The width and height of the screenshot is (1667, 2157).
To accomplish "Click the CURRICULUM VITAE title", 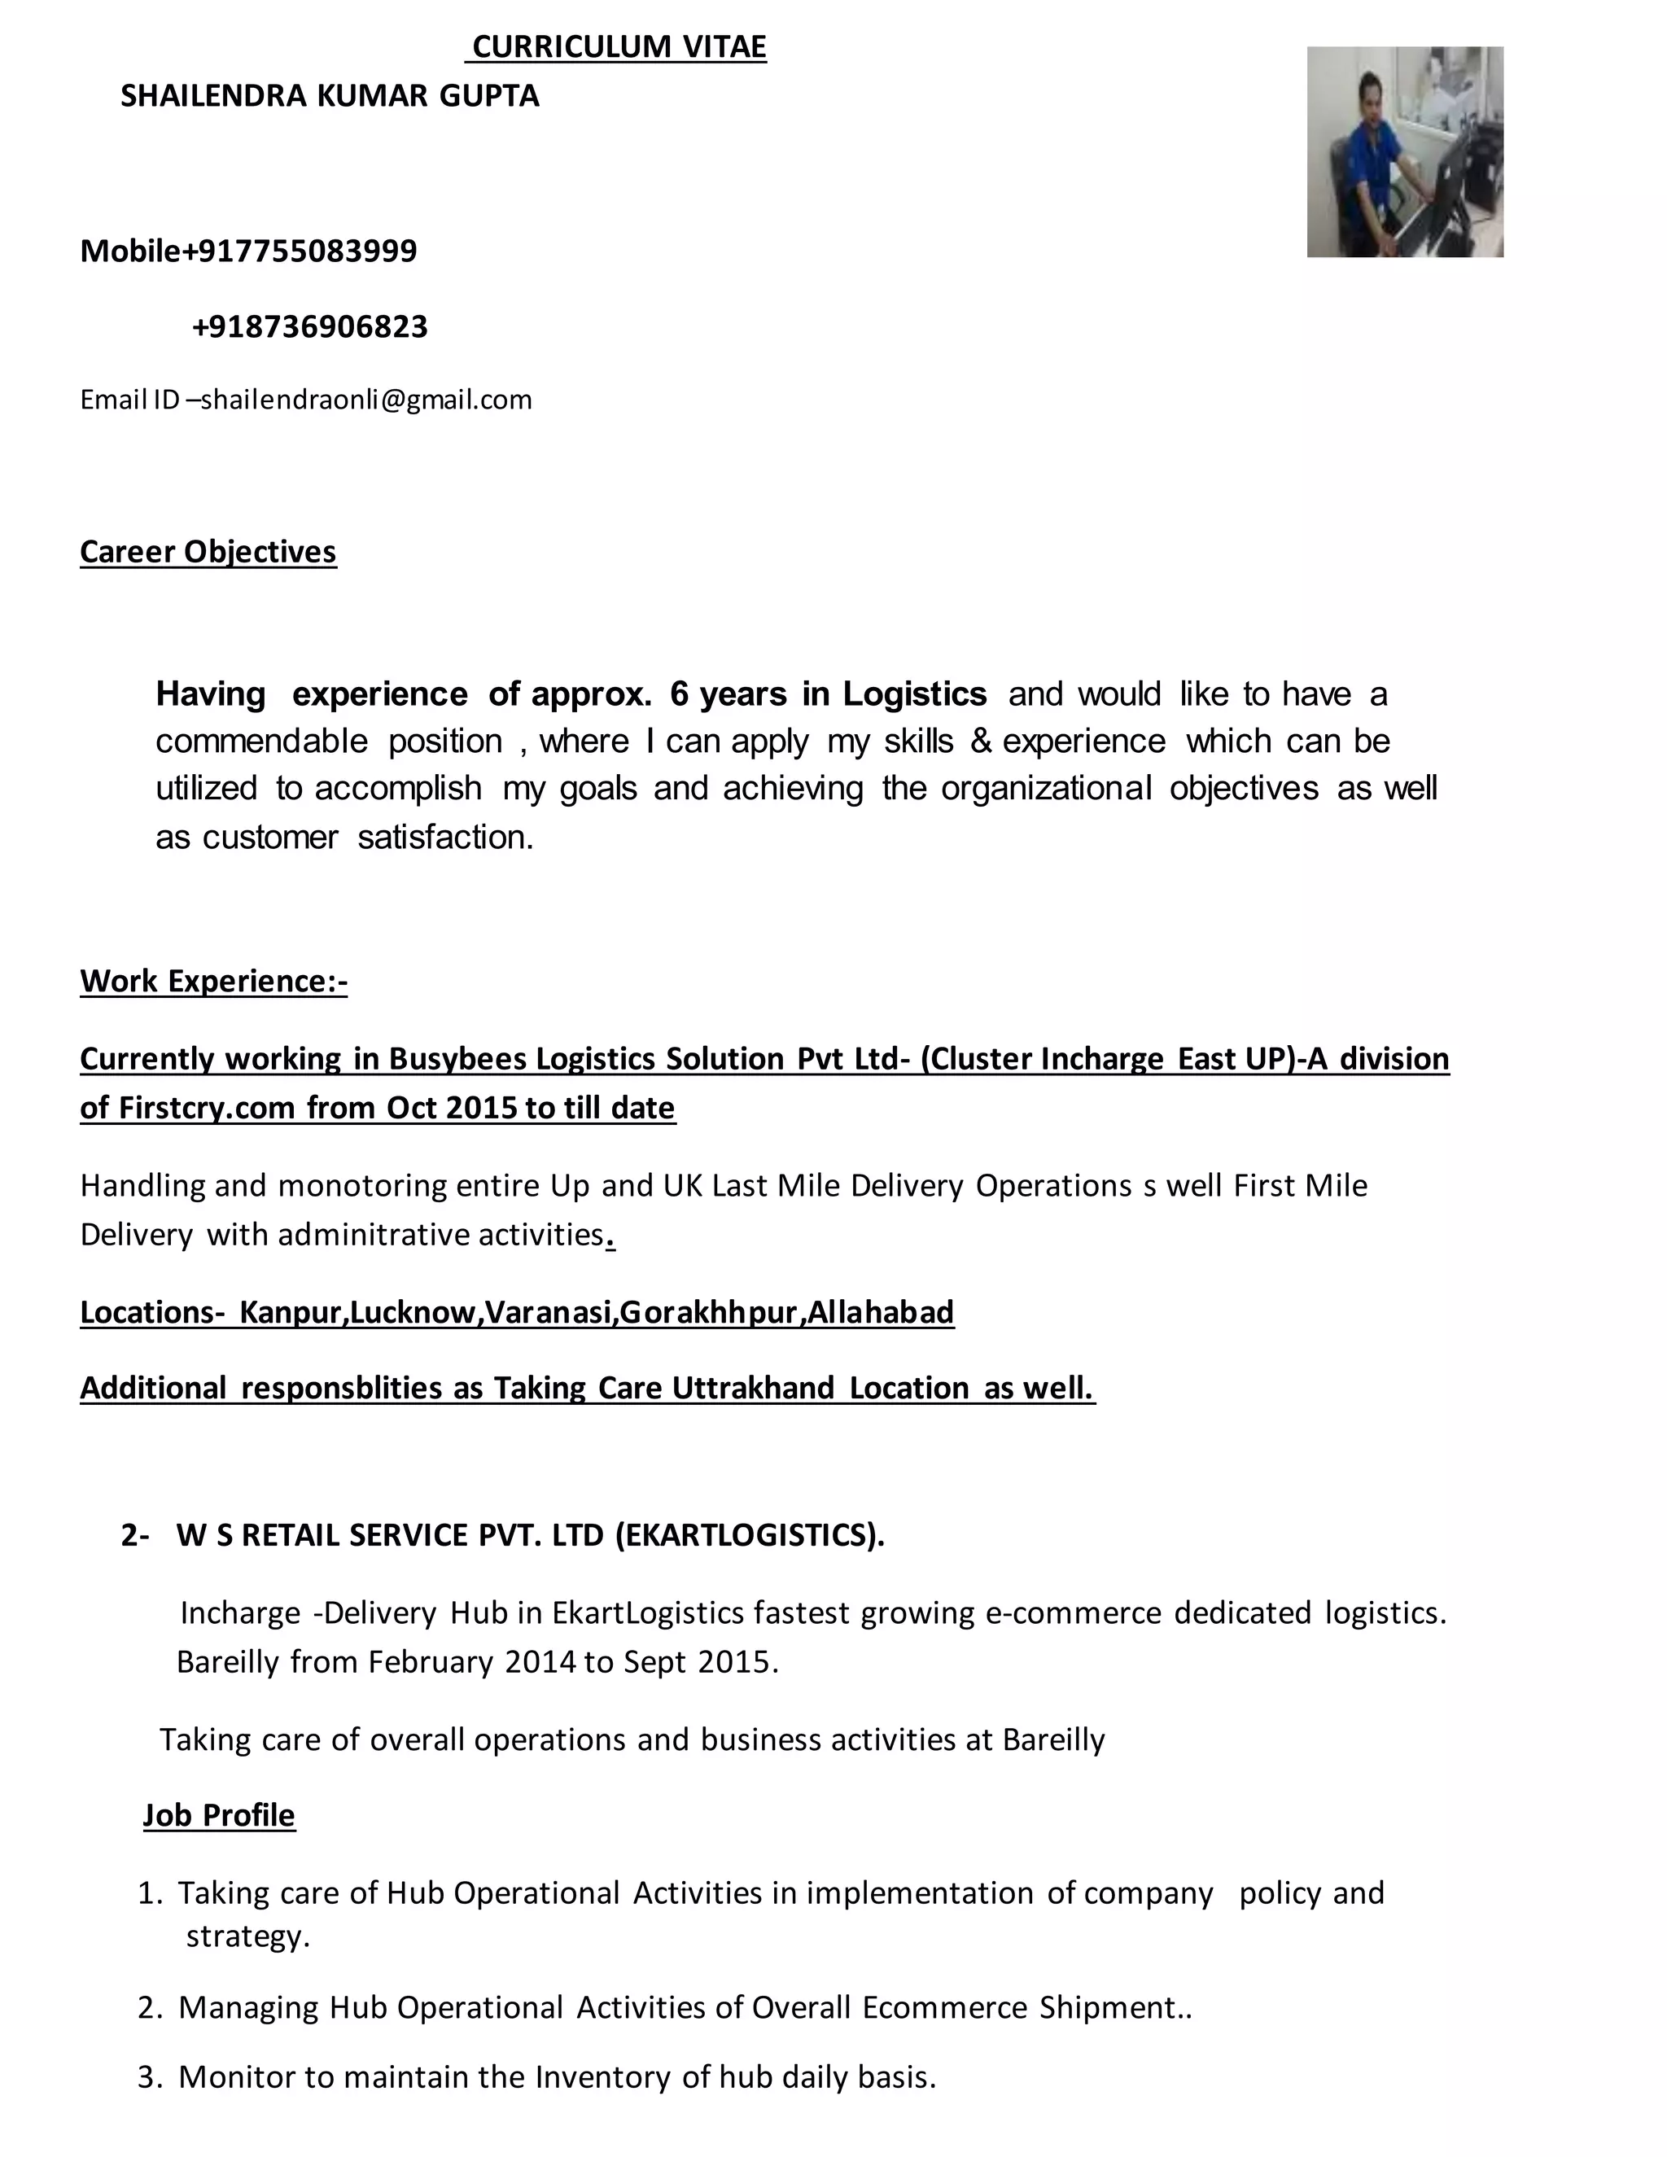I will [x=619, y=46].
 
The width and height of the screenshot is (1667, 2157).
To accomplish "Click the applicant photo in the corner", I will [x=1404, y=152].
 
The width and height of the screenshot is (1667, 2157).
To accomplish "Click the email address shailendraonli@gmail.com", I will [x=366, y=400].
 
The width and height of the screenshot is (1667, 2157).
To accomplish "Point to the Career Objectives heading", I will [x=208, y=551].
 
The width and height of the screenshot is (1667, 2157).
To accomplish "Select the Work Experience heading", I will [x=213, y=981].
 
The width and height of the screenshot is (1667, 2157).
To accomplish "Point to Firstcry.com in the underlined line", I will [x=208, y=1108].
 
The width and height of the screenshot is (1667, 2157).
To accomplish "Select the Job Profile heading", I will [x=219, y=1815].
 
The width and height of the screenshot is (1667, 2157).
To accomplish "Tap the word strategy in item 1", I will [x=248, y=1936].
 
